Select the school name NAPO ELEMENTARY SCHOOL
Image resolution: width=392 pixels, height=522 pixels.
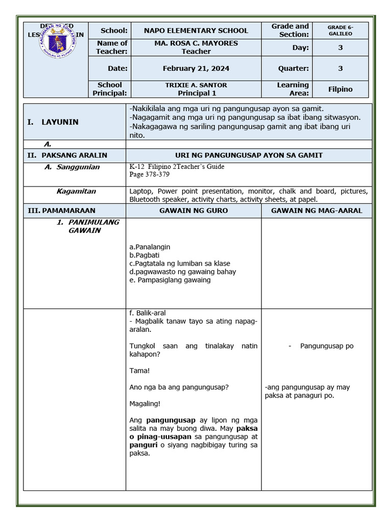[x=195, y=31]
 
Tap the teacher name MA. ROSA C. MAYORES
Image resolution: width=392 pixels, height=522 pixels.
[x=196, y=43]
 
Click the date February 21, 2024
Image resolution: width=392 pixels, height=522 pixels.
[x=196, y=68]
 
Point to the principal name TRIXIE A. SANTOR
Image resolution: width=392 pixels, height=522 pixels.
[x=196, y=85]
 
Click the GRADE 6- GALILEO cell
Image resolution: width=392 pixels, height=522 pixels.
[x=340, y=30]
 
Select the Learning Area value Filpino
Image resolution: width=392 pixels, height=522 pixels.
[x=340, y=89]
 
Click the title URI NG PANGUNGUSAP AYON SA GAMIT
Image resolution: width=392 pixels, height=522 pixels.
[x=249, y=155]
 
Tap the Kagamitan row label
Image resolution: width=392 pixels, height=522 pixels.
[x=76, y=191]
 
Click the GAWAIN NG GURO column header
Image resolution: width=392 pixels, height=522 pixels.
[x=193, y=211]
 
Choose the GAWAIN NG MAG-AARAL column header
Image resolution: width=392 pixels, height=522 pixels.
[x=316, y=211]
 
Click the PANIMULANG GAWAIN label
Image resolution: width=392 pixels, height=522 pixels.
[x=87, y=226]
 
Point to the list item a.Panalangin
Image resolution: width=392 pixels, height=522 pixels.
[x=150, y=247]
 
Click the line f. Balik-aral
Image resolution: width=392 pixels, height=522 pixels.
[x=148, y=313]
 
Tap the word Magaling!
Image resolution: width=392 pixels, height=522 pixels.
[x=145, y=404]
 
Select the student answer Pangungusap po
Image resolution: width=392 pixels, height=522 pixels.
[x=327, y=346]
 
